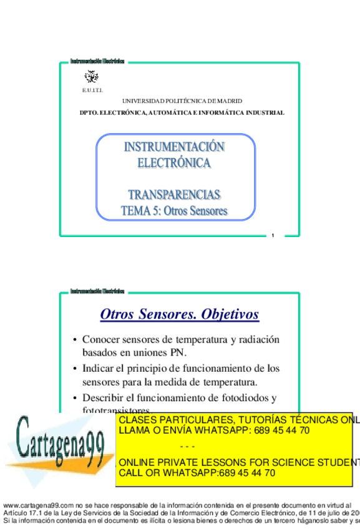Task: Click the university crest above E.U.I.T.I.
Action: pyautogui.click(x=91, y=77)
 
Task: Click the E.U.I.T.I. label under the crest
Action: pyautogui.click(x=93, y=91)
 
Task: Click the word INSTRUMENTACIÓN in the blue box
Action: pyautogui.click(x=174, y=148)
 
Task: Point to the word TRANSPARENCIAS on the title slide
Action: pyautogui.click(x=174, y=194)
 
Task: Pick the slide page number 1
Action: pyautogui.click(x=272, y=235)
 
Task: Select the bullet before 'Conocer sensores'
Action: pyautogui.click(x=75, y=340)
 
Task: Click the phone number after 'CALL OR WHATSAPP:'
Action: pyautogui.click(x=247, y=472)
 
